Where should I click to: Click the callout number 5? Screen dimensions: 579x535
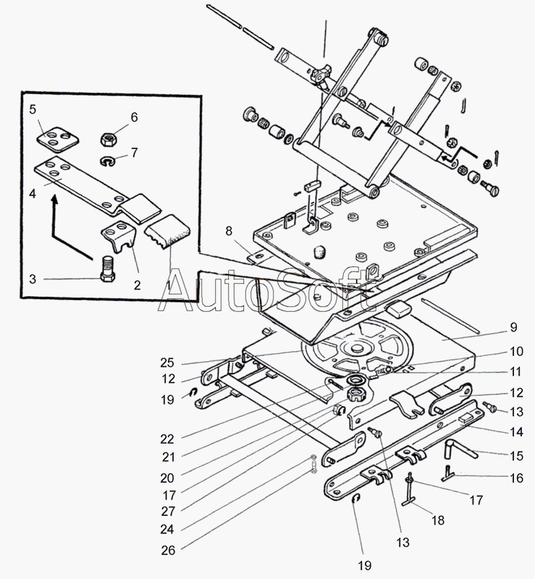tap(33, 110)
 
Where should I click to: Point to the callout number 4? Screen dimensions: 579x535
tap(33, 194)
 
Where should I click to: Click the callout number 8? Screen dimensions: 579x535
tap(229, 232)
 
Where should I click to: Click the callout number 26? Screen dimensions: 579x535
tap(169, 550)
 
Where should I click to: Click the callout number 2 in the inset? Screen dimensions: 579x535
tap(135, 284)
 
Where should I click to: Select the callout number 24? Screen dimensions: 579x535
tap(169, 531)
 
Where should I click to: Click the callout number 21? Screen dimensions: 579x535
tap(169, 457)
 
